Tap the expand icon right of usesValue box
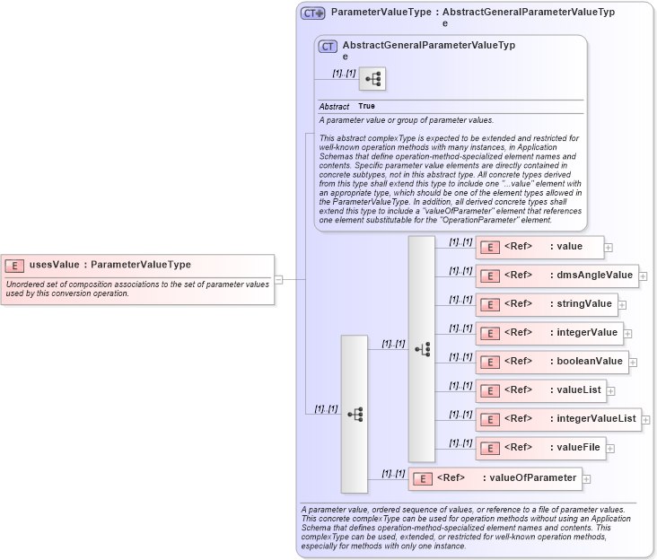[278, 279]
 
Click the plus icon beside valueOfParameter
[586, 479]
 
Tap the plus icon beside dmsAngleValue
[643, 276]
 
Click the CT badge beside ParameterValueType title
[312, 13]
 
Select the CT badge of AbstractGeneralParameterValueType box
[328, 46]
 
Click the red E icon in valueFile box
[489, 448]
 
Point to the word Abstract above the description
[334, 107]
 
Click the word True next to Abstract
[366, 107]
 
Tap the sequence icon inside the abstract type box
[372, 79]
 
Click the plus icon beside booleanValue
[633, 363]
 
